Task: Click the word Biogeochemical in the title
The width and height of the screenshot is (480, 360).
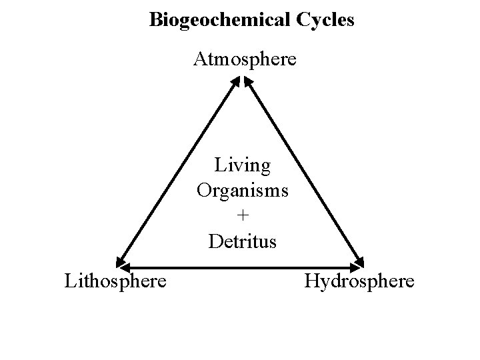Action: click(217, 20)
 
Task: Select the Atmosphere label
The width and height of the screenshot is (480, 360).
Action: click(245, 59)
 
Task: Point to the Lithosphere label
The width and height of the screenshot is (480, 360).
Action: click(115, 281)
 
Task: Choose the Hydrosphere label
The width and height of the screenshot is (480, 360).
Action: click(359, 281)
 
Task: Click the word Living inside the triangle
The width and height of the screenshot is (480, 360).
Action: click(243, 165)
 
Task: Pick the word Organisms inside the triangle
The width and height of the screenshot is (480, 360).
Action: click(243, 190)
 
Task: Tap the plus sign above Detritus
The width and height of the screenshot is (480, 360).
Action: click(242, 215)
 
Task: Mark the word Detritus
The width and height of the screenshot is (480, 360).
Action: click(242, 240)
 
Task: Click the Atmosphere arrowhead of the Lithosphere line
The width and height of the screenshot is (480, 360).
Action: click(235, 82)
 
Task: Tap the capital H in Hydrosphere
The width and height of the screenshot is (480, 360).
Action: click(311, 281)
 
